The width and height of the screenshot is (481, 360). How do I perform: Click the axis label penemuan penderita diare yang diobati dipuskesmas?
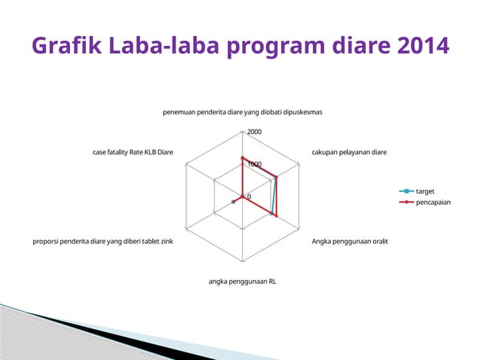coord(243,112)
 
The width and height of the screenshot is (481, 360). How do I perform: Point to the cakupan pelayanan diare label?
coord(349,152)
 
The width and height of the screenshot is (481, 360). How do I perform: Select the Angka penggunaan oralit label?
coord(350,242)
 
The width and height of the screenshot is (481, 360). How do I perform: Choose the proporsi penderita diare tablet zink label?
coord(103,242)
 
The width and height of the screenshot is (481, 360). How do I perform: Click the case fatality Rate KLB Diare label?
coord(133,152)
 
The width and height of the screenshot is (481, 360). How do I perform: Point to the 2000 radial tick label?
coord(254,132)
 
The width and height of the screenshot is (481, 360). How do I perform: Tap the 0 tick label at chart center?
coord(250,197)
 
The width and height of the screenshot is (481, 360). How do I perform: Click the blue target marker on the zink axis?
coord(234,202)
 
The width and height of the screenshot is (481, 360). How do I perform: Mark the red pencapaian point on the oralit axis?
coord(277,216)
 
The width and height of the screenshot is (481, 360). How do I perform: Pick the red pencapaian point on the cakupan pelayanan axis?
coord(276,178)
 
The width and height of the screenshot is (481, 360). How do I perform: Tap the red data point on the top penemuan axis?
coord(243,158)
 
